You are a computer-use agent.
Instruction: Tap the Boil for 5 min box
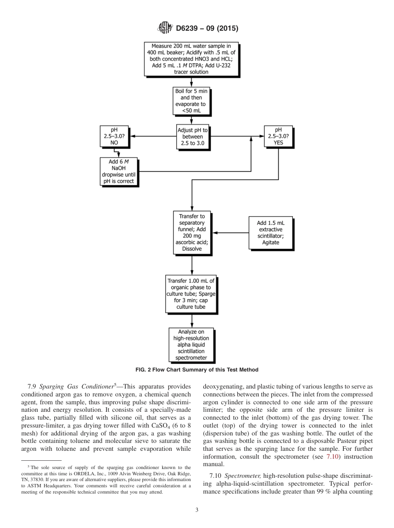click(x=192, y=101)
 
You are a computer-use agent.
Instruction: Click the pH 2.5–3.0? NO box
click(x=114, y=136)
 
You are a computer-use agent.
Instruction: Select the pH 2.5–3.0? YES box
click(x=278, y=136)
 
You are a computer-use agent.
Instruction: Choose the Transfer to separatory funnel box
click(x=192, y=232)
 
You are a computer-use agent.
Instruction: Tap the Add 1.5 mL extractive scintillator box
click(x=270, y=233)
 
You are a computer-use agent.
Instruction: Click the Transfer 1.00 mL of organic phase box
click(x=192, y=293)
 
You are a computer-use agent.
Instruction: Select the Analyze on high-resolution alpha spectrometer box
click(x=192, y=345)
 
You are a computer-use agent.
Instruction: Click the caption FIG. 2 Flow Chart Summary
click(x=197, y=370)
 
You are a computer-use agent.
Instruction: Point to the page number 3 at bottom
click(x=197, y=510)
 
